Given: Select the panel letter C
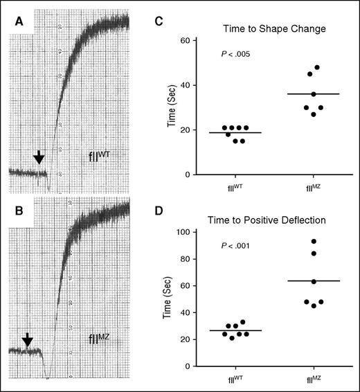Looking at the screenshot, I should point(158,21).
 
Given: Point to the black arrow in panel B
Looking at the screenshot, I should point(27,339).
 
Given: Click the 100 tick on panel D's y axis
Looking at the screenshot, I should point(184,232).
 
